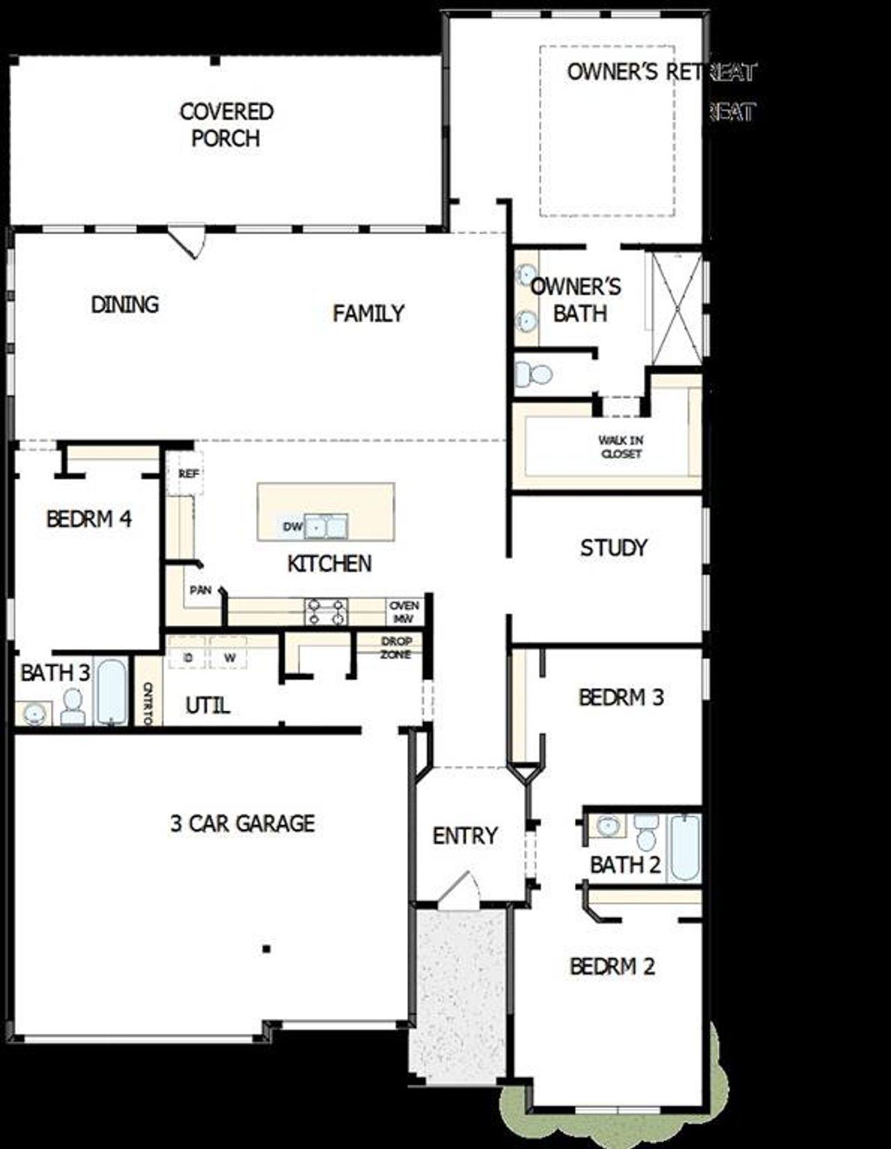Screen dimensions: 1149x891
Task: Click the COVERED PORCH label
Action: tap(226, 125)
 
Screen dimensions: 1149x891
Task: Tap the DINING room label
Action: tap(125, 305)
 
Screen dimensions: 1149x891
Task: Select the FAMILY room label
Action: tap(368, 314)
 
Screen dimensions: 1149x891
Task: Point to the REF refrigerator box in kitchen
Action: tap(188, 474)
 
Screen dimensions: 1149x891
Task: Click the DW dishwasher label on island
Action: tap(292, 527)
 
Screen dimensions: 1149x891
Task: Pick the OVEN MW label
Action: tap(404, 612)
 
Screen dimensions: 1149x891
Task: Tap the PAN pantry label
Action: tap(200, 590)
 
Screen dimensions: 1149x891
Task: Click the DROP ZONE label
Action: tap(396, 648)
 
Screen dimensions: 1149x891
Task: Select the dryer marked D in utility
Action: tap(187, 657)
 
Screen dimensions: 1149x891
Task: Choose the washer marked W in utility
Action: tap(229, 657)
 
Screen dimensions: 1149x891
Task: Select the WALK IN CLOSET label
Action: tap(621, 447)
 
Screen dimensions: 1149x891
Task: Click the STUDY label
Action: tap(613, 548)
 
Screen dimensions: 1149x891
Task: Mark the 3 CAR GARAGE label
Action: tap(242, 824)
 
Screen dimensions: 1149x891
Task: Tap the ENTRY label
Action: tap(465, 835)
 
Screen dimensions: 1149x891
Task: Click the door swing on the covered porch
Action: tap(189, 240)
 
